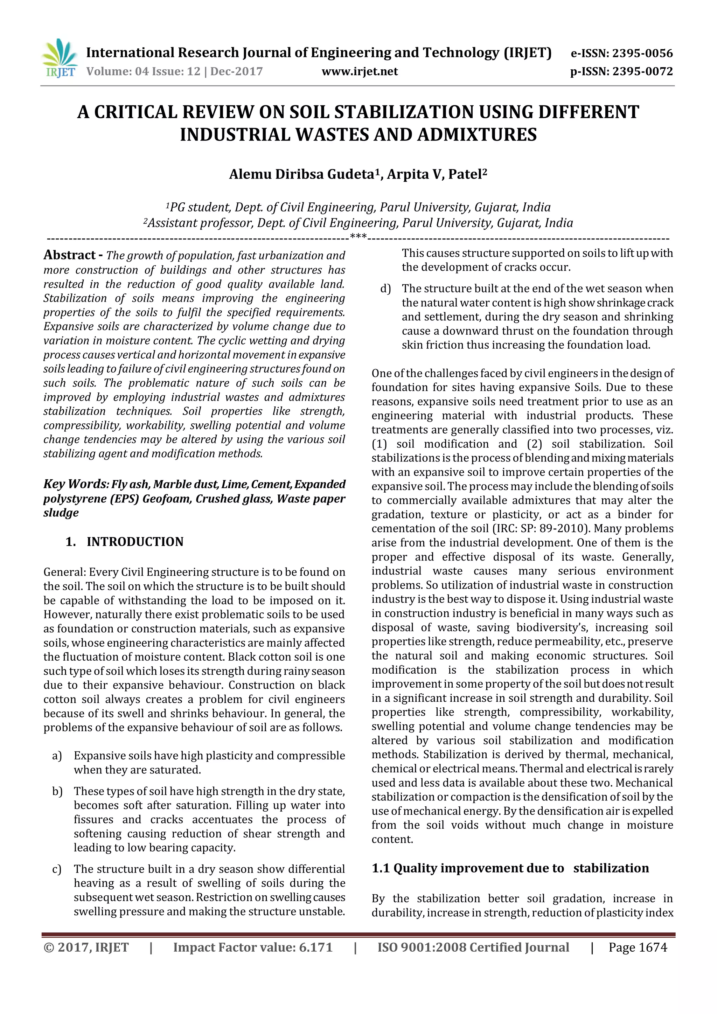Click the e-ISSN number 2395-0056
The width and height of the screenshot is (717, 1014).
pos(642,54)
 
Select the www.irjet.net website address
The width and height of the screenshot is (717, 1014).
pos(360,71)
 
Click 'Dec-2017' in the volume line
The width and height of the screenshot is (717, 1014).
pos(237,71)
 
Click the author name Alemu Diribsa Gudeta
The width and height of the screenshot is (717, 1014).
pos(301,174)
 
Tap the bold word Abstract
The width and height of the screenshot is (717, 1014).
pos(70,255)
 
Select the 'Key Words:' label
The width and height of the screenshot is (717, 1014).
pos(76,484)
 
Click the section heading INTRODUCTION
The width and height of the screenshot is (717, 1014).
pos(135,542)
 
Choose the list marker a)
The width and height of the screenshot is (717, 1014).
pos(57,756)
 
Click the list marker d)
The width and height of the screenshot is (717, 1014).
pos(385,289)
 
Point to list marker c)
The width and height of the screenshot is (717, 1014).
pos(57,869)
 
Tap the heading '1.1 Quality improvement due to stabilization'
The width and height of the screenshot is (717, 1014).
pos(510,868)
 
